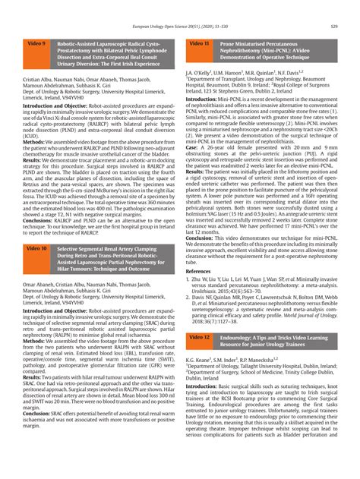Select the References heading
[200, 291]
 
